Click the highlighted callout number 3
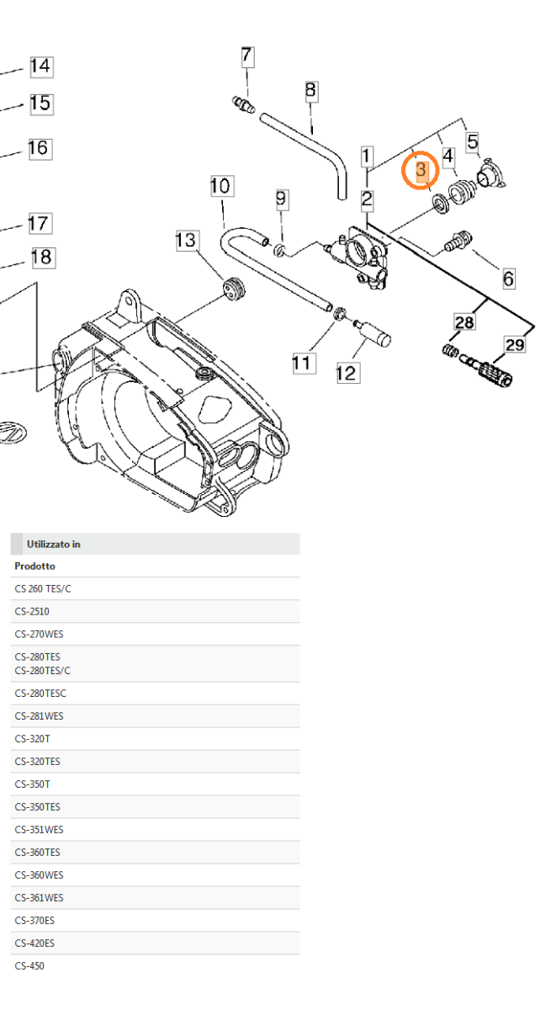pyautogui.click(x=422, y=172)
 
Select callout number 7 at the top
pyautogui.click(x=246, y=56)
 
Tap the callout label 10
pyautogui.click(x=220, y=185)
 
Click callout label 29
pyautogui.click(x=515, y=344)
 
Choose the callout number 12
pyautogui.click(x=347, y=372)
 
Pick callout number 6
pyautogui.click(x=508, y=278)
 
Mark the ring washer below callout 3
pyautogui.click(x=439, y=205)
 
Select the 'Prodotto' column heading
pyautogui.click(x=35, y=566)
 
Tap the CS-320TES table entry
pyautogui.click(x=37, y=761)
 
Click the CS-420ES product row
pyautogui.click(x=34, y=943)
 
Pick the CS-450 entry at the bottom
pyautogui.click(x=29, y=965)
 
